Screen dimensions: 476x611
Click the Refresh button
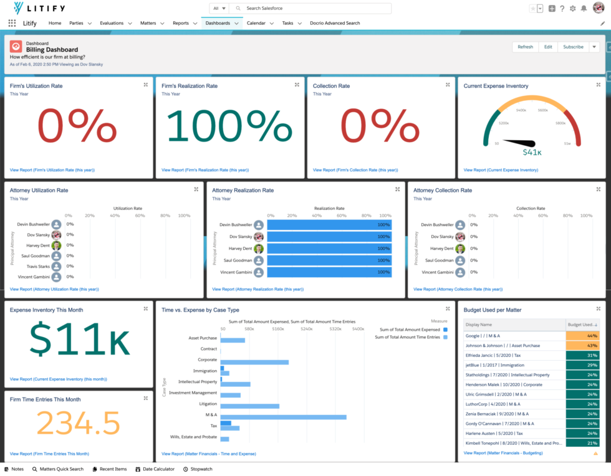tap(525, 47)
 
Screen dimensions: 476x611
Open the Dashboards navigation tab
tap(218, 23)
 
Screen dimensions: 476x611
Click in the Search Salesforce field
tap(312, 8)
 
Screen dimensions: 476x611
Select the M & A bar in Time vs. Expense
tap(284, 417)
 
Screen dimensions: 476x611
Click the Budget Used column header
tap(580, 325)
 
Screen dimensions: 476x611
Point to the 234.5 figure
tap(78, 424)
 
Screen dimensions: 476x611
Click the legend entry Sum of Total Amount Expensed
tap(410, 329)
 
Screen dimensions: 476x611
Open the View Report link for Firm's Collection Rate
tap(355, 169)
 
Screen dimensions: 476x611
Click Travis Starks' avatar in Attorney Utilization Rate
tap(57, 266)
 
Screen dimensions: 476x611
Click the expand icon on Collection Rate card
tap(448, 84)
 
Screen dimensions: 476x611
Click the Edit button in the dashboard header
tap(548, 47)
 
